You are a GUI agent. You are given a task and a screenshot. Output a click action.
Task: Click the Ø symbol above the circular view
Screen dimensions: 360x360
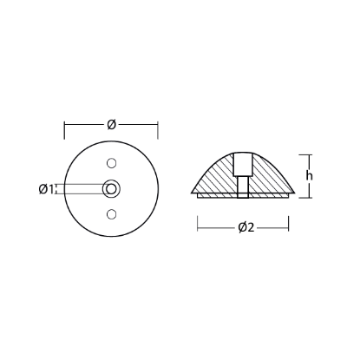(111, 126)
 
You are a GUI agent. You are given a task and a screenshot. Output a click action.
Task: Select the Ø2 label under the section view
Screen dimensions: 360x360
(244, 229)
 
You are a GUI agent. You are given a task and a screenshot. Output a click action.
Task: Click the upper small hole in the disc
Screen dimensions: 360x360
(110, 162)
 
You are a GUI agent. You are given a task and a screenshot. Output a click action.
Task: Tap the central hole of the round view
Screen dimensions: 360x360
(110, 188)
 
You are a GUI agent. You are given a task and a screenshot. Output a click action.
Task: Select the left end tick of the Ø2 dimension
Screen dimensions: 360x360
(198, 229)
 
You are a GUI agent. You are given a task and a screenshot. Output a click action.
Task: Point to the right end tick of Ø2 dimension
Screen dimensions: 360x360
(289, 229)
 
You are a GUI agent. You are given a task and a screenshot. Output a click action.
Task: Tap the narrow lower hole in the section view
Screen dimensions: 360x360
(243, 189)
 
